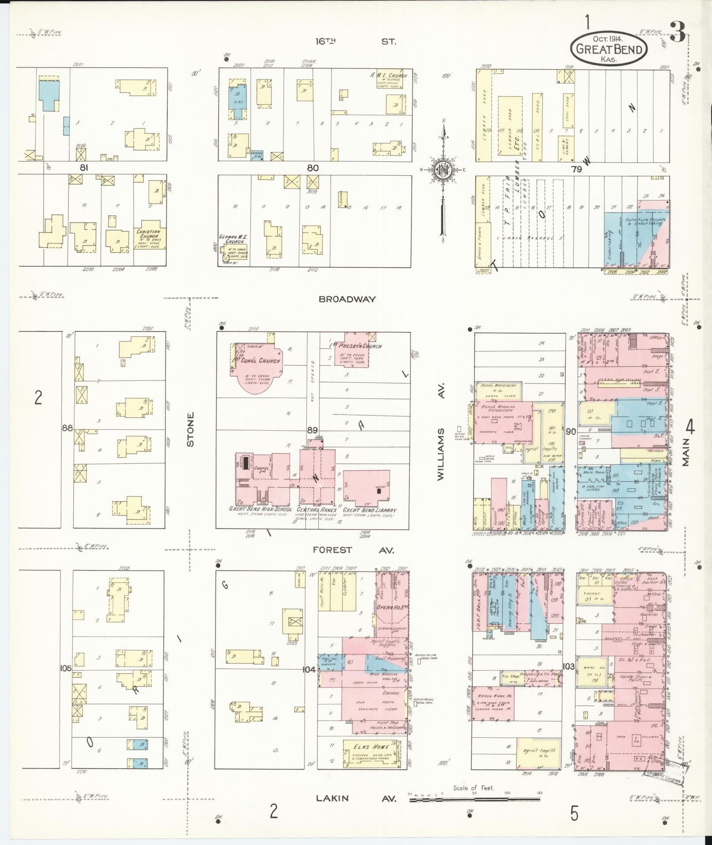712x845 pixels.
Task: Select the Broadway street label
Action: click(x=347, y=299)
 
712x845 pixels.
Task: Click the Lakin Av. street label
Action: click(x=356, y=798)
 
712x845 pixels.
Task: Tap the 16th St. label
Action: click(x=355, y=42)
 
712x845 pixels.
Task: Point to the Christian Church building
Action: click(x=150, y=238)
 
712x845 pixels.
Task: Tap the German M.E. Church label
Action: click(x=234, y=239)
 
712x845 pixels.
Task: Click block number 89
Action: click(x=313, y=430)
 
